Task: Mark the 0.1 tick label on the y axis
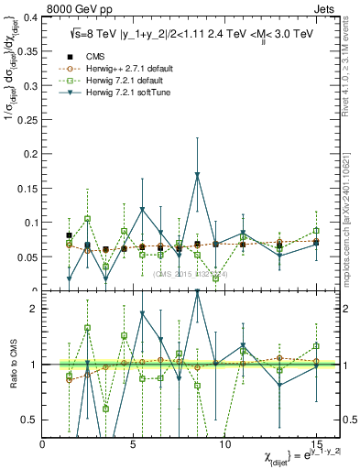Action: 29,223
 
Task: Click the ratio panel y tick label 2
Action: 34,309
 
